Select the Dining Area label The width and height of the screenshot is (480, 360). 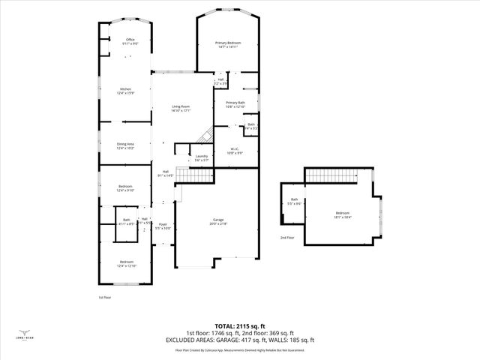point(125,146)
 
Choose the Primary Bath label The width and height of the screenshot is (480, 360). point(235,104)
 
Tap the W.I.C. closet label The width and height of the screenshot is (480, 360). point(235,151)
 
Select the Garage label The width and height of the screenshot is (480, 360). point(217,222)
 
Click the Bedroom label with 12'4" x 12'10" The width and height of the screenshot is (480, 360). point(125,264)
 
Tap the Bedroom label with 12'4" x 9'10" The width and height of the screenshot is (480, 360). point(125,188)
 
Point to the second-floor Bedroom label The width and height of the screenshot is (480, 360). point(343,215)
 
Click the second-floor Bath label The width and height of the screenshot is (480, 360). point(295,202)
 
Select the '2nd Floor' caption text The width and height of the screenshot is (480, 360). point(287,237)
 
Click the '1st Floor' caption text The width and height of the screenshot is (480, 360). point(104,297)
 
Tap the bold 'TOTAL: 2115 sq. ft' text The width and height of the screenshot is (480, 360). point(240,326)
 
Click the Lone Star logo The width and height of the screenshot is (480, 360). point(25,334)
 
